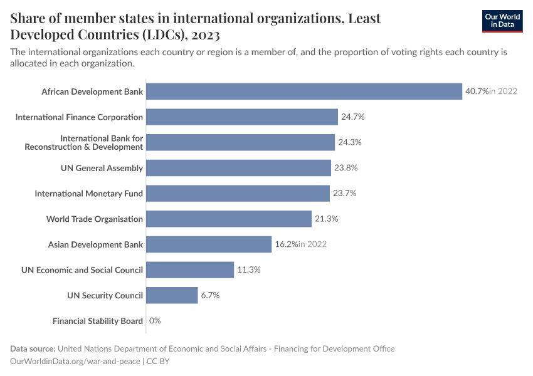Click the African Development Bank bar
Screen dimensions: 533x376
point(304,91)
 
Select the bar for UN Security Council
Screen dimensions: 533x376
point(172,295)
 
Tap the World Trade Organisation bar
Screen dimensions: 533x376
point(229,219)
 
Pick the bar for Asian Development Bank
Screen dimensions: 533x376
point(209,244)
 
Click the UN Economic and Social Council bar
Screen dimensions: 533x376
point(190,270)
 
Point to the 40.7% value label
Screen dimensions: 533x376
point(477,91)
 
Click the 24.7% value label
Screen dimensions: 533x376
point(352,117)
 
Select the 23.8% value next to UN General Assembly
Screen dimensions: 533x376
point(346,168)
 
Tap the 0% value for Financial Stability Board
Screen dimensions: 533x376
point(155,321)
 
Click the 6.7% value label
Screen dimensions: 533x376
point(210,295)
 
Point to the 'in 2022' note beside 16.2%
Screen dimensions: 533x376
point(312,244)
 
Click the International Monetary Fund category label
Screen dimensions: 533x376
point(89,194)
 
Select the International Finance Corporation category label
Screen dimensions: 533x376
point(79,117)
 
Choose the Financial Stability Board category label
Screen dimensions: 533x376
point(98,321)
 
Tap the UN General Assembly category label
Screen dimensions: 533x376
point(102,168)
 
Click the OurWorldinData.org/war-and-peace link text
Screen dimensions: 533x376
point(75,361)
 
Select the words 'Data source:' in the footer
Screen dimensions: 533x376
point(33,348)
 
